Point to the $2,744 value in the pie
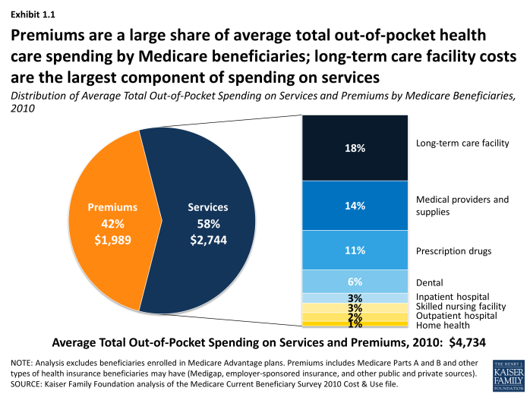(207, 240)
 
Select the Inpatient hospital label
(453, 296)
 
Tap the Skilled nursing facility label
(462, 305)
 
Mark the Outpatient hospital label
(456, 315)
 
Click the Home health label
(442, 324)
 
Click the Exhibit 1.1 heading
(32, 14)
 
